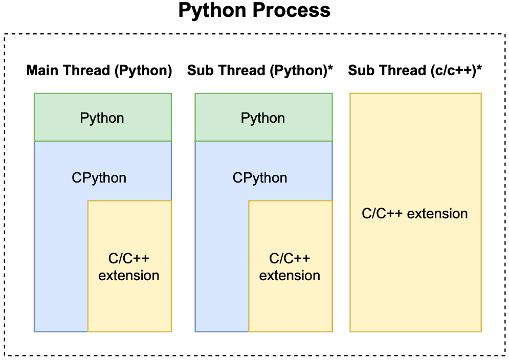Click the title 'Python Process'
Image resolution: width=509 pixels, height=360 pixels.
coord(254,10)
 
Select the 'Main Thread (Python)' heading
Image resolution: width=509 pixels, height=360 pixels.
coord(99,71)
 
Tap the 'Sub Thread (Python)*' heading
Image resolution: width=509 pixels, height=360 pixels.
coord(260,71)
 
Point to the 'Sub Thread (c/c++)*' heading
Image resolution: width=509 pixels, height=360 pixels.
coord(415,71)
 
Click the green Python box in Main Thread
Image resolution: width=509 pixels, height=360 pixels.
coord(103,117)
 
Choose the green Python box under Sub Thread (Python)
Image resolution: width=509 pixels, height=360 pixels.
coord(263,117)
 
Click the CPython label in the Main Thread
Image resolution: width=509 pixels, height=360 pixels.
coord(99,178)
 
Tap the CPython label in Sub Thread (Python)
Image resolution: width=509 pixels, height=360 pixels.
coord(260,178)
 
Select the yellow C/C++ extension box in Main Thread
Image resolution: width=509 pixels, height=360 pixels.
coord(129,266)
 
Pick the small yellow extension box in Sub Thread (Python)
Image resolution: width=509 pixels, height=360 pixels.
coord(291,266)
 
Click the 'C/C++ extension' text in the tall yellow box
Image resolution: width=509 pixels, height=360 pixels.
coord(415,214)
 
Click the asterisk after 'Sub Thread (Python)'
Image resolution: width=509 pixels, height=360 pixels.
coord(330,68)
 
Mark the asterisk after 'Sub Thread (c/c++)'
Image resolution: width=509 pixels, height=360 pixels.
coord(479,68)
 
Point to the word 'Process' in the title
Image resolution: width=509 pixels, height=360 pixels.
coord(292,10)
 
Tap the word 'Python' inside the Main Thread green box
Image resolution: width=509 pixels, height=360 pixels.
coord(102,118)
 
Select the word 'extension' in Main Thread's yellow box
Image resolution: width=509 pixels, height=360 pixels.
coord(129,276)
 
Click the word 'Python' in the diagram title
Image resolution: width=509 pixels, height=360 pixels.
coord(214,11)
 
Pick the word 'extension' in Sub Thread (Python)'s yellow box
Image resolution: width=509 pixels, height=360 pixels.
coord(290,276)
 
